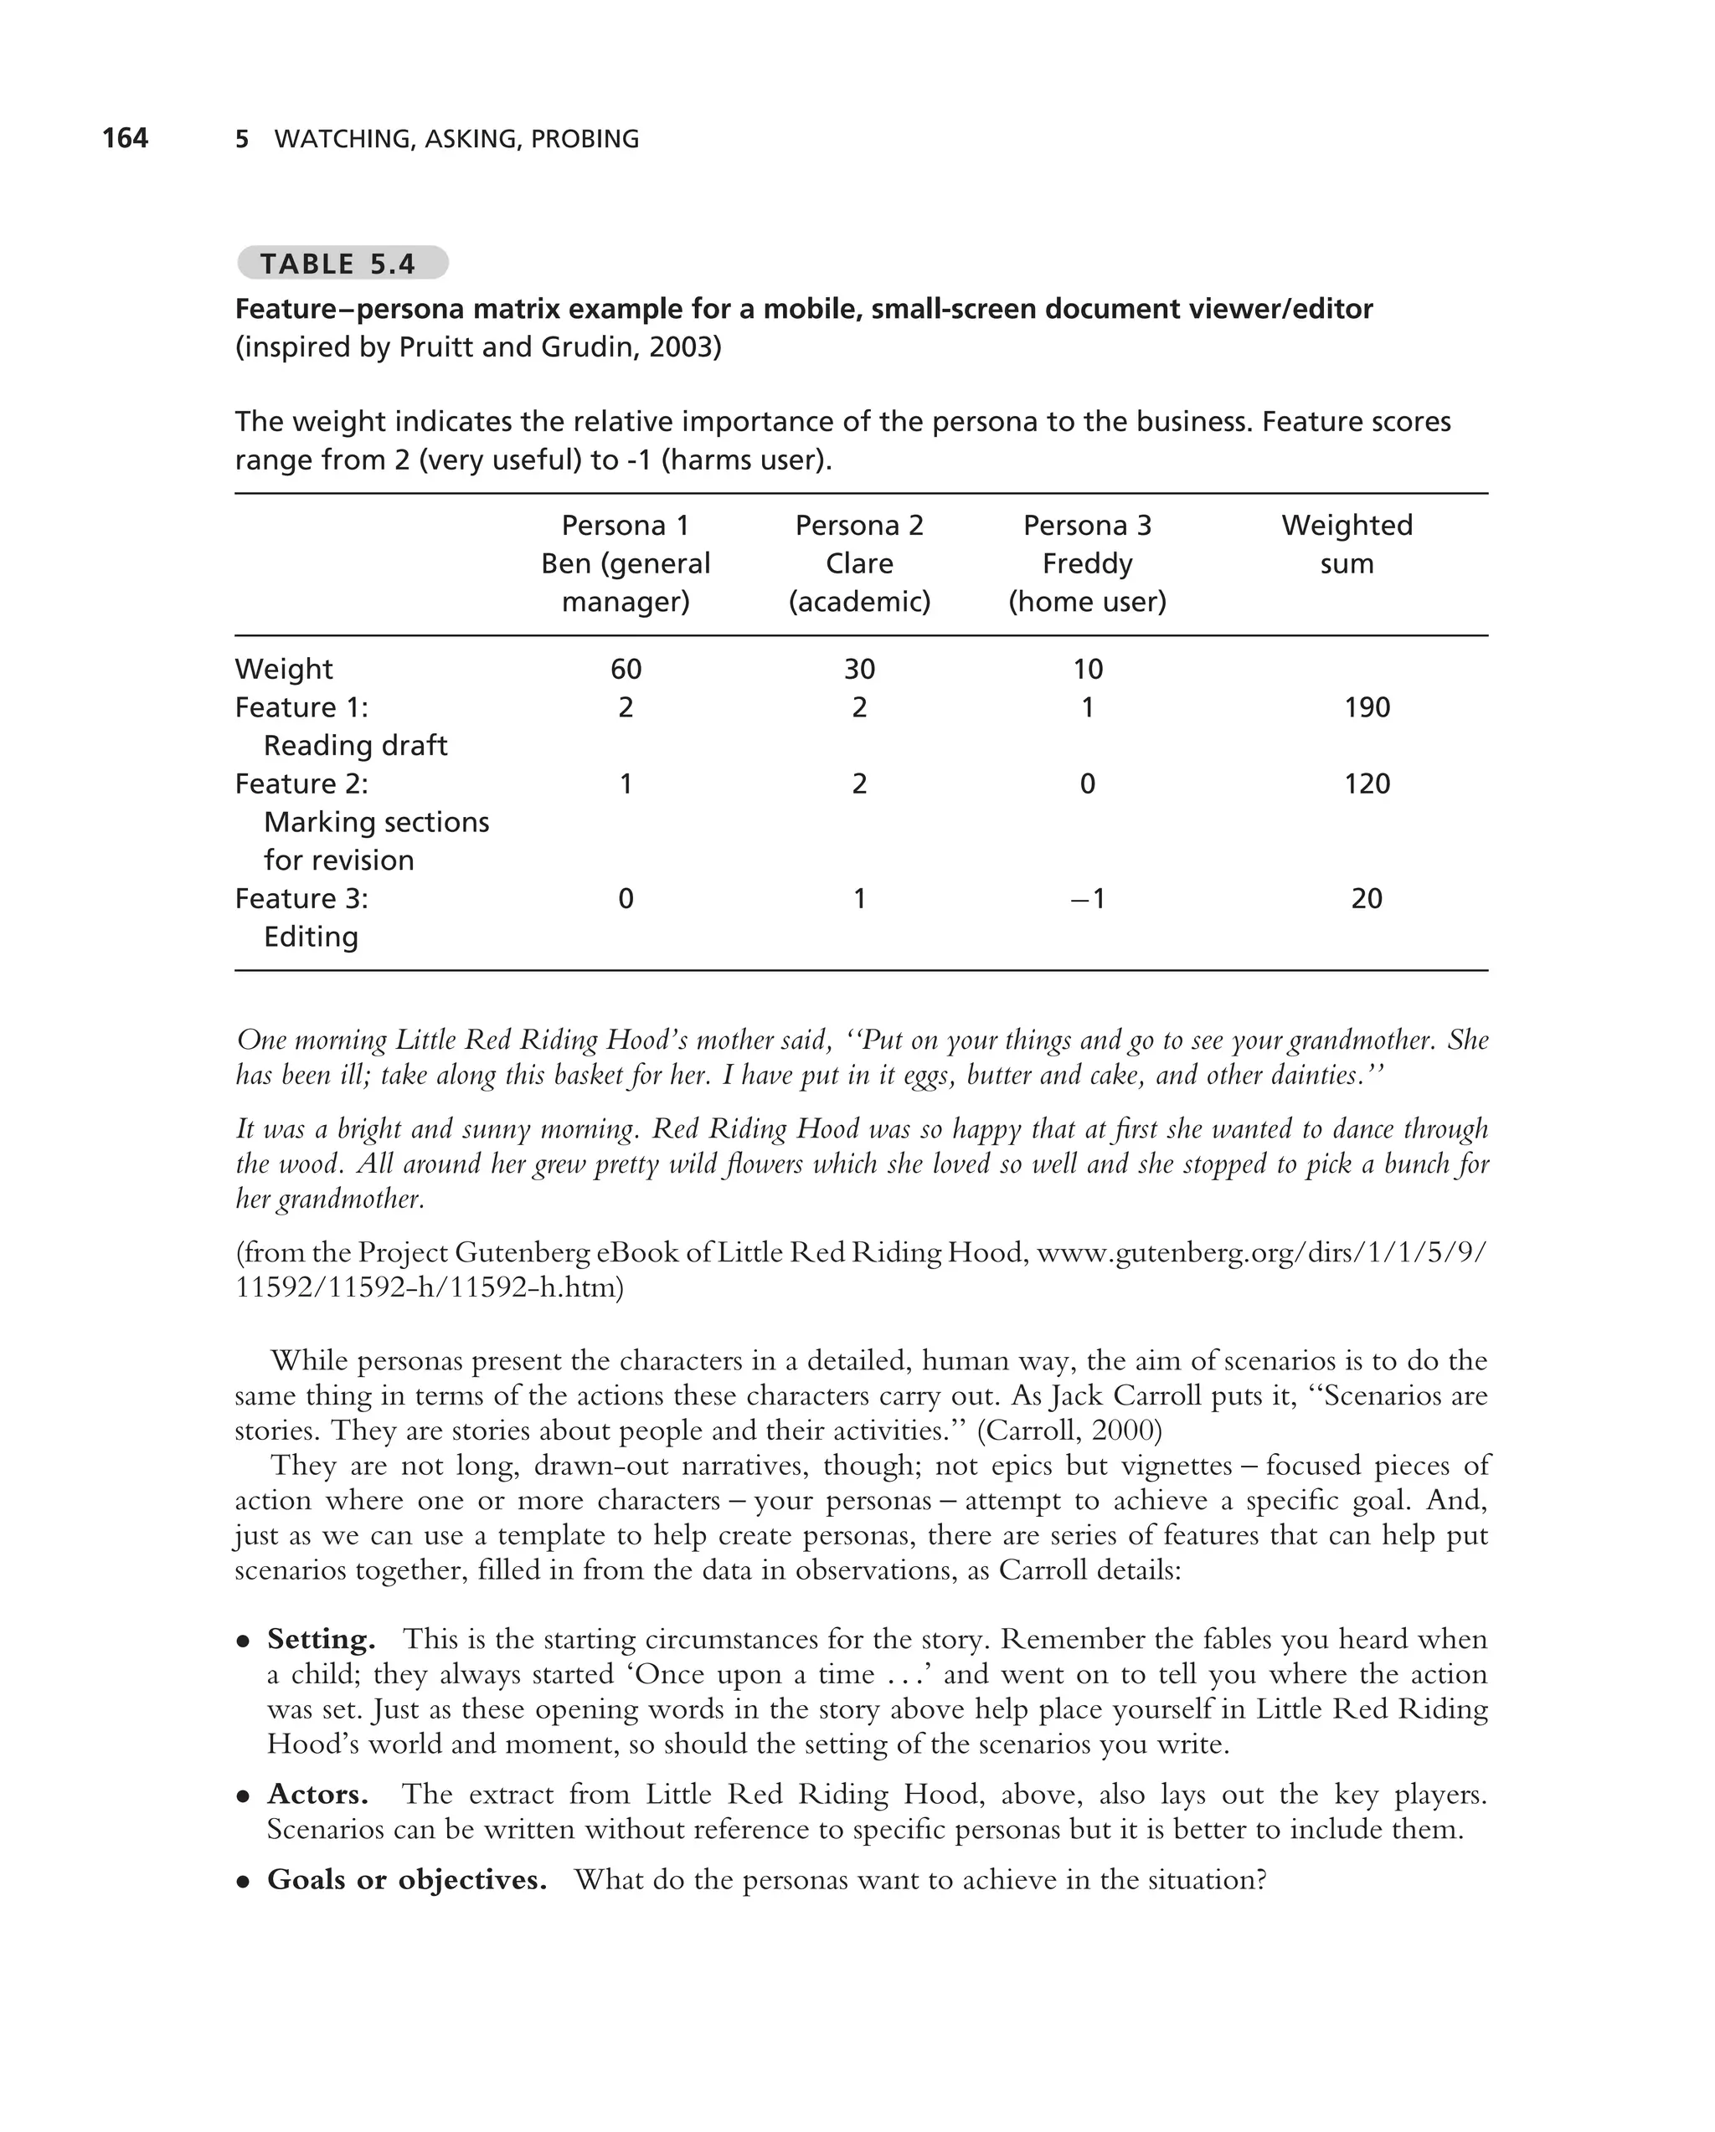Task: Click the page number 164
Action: tap(125, 137)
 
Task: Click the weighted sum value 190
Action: tap(1367, 707)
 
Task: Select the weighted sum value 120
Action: tap(1367, 783)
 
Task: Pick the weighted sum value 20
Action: tap(1367, 898)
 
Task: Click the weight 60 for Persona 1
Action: tap(625, 670)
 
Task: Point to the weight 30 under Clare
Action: tap(858, 670)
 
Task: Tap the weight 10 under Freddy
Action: tap(1087, 670)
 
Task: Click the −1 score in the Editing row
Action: tap(1087, 898)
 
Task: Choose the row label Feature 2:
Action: tap(301, 783)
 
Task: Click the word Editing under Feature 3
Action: tap(311, 937)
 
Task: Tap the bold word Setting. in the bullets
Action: tap(321, 1640)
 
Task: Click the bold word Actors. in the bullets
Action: tap(317, 1794)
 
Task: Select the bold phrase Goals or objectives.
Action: tap(406, 1879)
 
